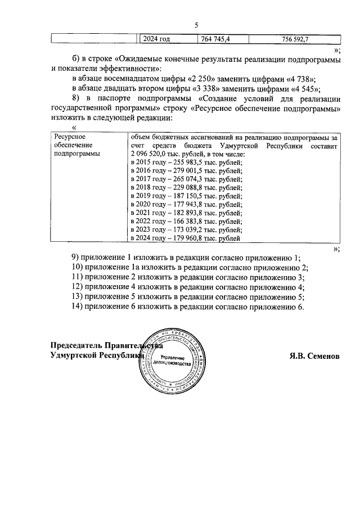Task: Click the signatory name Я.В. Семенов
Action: click(313, 356)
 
